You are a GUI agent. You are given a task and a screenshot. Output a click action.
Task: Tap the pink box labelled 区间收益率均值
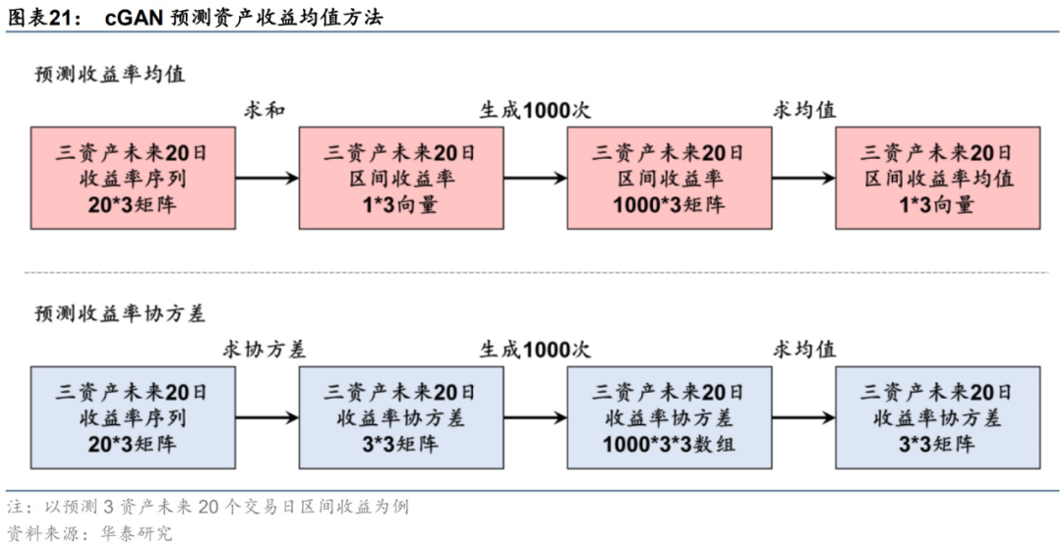[937, 178]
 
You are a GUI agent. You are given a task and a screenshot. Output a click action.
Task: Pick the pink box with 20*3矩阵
[133, 178]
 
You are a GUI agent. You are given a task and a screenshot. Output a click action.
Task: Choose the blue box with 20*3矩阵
[133, 416]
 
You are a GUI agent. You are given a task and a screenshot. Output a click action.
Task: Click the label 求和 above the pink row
[265, 110]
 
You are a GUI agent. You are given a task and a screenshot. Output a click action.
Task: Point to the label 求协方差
[265, 349]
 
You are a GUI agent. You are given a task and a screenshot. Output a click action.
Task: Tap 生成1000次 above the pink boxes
[535, 110]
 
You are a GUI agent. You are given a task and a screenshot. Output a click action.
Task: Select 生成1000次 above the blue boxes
[535, 349]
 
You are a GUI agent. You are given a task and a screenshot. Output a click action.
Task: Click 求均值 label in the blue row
[804, 349]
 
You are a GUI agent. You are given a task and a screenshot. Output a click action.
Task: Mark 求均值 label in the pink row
[804, 110]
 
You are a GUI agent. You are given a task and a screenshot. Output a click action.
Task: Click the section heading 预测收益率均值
[109, 75]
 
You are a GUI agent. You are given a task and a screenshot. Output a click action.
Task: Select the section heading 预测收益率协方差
[120, 313]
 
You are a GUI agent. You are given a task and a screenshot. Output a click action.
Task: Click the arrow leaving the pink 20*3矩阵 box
[266, 178]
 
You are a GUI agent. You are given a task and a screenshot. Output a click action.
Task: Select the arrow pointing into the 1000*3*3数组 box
[535, 417]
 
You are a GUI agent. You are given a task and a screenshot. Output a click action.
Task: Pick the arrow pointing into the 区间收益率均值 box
[803, 178]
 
